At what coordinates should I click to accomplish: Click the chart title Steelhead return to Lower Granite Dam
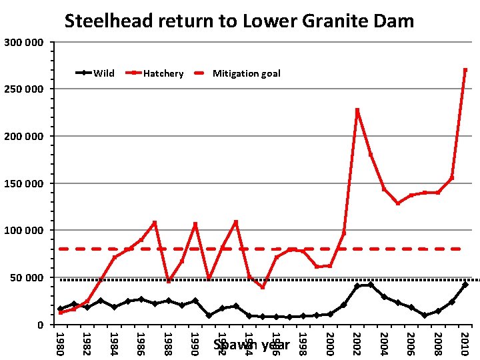click(x=239, y=21)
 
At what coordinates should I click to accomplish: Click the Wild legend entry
click(x=103, y=73)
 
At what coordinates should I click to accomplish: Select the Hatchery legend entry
click(x=163, y=73)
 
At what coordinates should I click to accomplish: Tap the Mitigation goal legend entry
click(x=246, y=73)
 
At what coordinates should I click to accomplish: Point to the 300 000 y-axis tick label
click(x=24, y=43)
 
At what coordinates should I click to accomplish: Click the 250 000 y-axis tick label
click(x=24, y=89)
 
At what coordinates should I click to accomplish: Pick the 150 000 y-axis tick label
click(x=24, y=183)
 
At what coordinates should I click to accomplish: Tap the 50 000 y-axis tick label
click(x=27, y=277)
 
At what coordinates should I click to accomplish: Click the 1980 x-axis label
click(x=60, y=343)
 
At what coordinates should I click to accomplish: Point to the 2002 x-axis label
click(x=357, y=343)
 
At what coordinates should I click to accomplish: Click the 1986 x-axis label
click(x=141, y=343)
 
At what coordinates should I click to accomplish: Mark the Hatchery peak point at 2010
click(x=465, y=70)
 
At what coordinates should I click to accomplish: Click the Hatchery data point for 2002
click(x=357, y=111)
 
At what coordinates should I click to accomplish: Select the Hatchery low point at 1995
click(x=263, y=287)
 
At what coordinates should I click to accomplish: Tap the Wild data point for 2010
click(x=465, y=285)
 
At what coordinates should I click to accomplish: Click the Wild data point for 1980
click(x=61, y=309)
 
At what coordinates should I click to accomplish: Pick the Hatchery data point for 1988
click(x=169, y=281)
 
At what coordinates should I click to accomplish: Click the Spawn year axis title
click(x=251, y=345)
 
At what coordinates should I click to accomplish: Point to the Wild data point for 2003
click(x=371, y=285)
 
